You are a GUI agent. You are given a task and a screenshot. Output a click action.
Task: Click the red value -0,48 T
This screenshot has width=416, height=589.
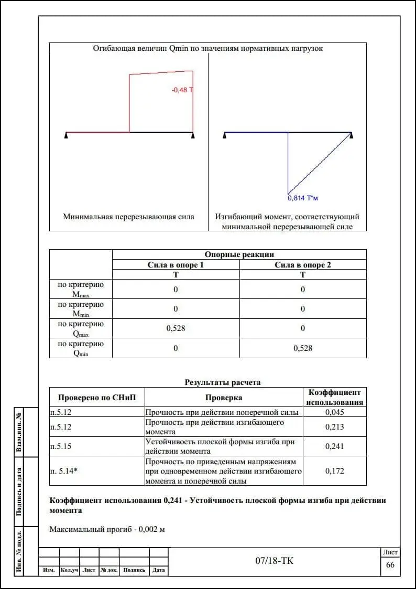point(182,90)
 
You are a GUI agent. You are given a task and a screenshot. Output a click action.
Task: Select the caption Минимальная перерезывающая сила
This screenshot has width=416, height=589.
point(128,217)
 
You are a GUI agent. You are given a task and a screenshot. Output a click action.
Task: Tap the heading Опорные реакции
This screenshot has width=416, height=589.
point(239,255)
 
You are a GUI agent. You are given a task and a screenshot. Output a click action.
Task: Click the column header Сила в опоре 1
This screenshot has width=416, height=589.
point(176,265)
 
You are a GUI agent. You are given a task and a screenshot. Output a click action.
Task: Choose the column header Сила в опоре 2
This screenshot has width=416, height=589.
point(303,265)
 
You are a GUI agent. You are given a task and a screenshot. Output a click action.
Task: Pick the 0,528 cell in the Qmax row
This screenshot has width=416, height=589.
point(176,328)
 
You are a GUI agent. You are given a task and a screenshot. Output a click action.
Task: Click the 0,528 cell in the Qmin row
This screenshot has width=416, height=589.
point(303,348)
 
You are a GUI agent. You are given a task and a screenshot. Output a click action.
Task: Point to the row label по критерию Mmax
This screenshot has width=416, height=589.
point(81,290)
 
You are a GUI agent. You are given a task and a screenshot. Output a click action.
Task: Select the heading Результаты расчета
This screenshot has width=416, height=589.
point(223,382)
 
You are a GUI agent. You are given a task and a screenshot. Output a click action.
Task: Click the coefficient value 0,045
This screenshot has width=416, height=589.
point(334,412)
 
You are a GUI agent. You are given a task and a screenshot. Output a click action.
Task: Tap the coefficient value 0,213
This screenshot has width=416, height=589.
point(334,427)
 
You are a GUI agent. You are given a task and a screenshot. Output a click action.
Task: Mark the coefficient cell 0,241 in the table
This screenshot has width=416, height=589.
point(334,446)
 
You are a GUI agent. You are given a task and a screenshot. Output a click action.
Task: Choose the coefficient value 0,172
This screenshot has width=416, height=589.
point(334,471)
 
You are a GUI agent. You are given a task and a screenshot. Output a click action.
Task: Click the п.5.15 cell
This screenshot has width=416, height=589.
point(61,446)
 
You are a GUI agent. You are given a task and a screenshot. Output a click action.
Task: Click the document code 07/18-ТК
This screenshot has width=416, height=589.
point(275,561)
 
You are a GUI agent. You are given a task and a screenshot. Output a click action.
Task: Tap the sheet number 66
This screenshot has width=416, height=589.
point(390,565)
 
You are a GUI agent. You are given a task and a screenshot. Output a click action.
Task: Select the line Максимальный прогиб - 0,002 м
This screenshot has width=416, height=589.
point(107,529)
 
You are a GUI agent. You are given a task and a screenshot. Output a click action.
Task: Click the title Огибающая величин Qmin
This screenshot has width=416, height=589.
point(207,48)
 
